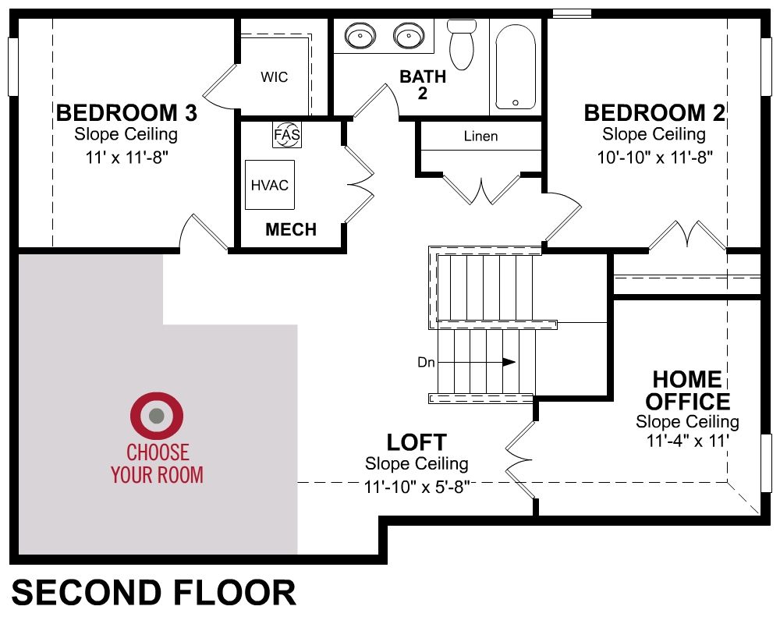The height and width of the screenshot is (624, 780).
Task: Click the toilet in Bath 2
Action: click(x=462, y=44)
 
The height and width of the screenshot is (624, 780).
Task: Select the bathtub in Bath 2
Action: click(x=516, y=66)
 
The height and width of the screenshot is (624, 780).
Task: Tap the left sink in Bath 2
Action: click(x=360, y=36)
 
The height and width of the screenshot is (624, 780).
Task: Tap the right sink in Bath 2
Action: click(x=409, y=36)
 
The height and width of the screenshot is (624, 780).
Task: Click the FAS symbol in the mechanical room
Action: click(x=287, y=134)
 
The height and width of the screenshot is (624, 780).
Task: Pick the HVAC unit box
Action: click(x=270, y=185)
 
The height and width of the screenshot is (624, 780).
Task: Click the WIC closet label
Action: click(x=274, y=77)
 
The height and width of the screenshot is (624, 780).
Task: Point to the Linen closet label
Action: click(x=480, y=136)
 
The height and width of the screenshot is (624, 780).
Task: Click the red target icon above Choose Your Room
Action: click(x=157, y=416)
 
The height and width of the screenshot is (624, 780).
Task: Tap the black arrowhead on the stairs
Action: click(x=509, y=362)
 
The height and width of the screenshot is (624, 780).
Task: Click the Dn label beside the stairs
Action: click(x=426, y=362)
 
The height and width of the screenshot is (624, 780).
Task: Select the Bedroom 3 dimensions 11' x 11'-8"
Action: click(x=127, y=158)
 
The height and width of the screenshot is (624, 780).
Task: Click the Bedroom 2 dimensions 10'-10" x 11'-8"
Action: click(x=654, y=158)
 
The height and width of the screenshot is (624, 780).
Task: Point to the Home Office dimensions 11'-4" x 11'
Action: click(x=687, y=441)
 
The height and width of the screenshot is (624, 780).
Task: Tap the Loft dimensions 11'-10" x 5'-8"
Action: click(x=417, y=487)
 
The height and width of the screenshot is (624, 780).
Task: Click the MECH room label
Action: click(x=291, y=229)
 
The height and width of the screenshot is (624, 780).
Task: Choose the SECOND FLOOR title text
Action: click(x=154, y=592)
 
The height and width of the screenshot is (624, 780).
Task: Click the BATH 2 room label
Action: click(x=423, y=84)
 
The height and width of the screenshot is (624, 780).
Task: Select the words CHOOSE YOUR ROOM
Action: click(x=158, y=463)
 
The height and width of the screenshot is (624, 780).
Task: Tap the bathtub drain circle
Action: click(x=516, y=102)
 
